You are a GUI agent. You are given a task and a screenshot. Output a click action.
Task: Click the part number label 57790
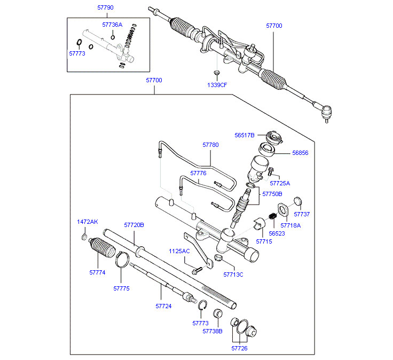[105, 8]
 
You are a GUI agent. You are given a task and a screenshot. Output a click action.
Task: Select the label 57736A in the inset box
[112, 25]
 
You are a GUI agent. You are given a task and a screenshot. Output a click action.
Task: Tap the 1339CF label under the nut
[217, 85]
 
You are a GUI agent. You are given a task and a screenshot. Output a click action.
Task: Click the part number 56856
[300, 152]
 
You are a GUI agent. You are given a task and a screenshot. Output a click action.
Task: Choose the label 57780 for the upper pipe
[210, 145]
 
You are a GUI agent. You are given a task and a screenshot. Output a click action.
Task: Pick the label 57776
[198, 174]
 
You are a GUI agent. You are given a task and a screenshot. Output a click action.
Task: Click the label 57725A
[280, 183]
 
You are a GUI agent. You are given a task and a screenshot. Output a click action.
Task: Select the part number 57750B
[272, 194]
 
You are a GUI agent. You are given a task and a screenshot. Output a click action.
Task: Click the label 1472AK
[88, 221]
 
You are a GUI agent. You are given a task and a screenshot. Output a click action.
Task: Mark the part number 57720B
[134, 225]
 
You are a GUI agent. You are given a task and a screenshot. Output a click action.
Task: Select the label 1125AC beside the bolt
[179, 251]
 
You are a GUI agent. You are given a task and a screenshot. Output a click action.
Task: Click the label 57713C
[233, 274]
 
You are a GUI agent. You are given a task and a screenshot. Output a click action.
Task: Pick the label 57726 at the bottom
[239, 348]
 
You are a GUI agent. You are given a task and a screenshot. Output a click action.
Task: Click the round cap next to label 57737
[298, 201]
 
